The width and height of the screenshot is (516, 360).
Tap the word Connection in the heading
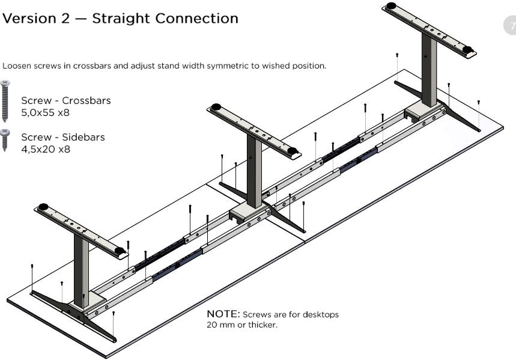[197, 19]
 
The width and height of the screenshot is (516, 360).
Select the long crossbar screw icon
[5, 101]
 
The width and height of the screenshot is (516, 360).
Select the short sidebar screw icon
[5, 140]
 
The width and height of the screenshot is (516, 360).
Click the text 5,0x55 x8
[46, 112]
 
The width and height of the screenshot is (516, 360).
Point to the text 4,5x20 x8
[46, 149]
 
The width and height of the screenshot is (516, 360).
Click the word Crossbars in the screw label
[87, 100]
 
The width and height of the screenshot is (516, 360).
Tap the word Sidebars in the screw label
[83, 137]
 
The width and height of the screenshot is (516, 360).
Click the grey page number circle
[510, 25]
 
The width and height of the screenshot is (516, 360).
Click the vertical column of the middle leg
[254, 171]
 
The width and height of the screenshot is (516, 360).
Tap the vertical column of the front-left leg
[81, 270]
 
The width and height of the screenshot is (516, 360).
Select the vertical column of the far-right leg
[429, 69]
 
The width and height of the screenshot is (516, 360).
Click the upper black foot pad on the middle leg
[216, 107]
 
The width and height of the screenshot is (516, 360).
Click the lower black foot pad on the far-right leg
[467, 49]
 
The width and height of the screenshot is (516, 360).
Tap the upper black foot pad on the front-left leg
[43, 207]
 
